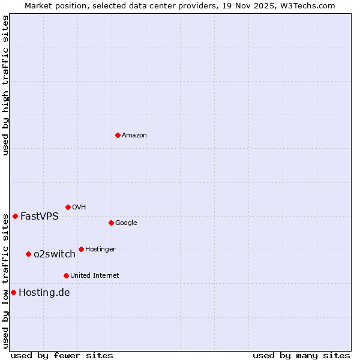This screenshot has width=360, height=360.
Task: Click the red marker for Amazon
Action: (x=118, y=135)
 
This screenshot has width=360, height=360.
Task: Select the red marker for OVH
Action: (x=68, y=207)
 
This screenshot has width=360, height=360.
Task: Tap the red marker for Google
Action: (x=111, y=223)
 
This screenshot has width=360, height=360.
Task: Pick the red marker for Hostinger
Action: (x=81, y=249)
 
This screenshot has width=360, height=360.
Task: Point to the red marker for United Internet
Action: (x=66, y=275)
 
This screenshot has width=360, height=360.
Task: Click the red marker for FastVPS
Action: (x=15, y=216)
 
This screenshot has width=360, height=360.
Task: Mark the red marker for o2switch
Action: (x=28, y=254)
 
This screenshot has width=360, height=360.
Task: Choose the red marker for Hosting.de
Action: (x=13, y=292)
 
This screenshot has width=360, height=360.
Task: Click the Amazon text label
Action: (x=134, y=136)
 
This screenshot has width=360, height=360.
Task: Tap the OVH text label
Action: (x=79, y=208)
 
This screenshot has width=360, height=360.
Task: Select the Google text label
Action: (x=126, y=223)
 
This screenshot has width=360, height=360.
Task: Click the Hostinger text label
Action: (x=100, y=250)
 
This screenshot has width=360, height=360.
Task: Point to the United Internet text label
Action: (x=95, y=276)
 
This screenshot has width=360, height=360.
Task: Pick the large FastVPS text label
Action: (x=40, y=217)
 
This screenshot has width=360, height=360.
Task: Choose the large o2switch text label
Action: (x=55, y=254)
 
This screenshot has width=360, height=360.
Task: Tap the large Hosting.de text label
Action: (x=44, y=293)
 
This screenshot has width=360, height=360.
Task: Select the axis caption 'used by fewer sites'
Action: (x=62, y=355)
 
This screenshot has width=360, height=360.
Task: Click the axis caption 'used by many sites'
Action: (x=301, y=355)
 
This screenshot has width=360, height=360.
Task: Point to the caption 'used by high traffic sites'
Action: (x=5, y=85)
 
